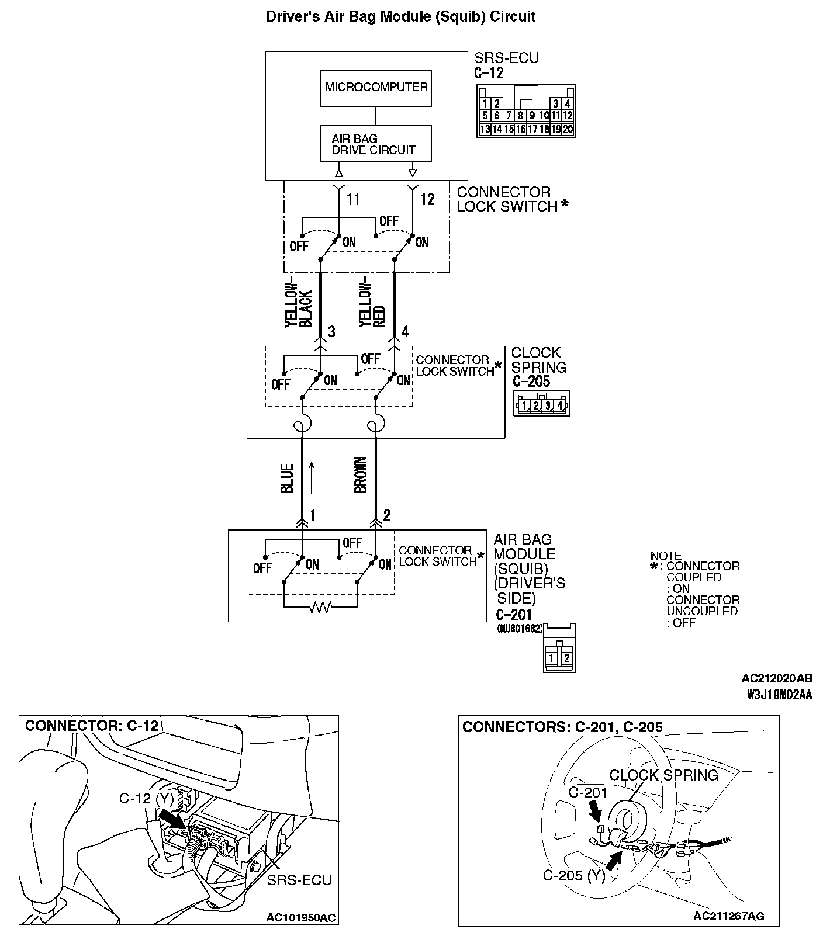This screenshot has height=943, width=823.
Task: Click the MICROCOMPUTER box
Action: pyautogui.click(x=376, y=88)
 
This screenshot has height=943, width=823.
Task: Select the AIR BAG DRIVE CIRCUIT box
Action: pyautogui.click(x=376, y=144)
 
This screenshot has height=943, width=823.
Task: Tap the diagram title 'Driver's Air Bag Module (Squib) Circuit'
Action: pyautogui.click(x=400, y=16)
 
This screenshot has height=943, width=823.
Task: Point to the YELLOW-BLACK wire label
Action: pyautogui.click(x=298, y=308)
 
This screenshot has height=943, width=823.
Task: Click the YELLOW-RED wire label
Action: pyautogui.click(x=372, y=306)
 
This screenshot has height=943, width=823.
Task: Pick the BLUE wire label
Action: pyautogui.click(x=287, y=478)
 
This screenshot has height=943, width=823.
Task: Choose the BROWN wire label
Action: pyautogui.click(x=361, y=474)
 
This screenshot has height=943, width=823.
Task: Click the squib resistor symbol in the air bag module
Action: pyautogui.click(x=320, y=608)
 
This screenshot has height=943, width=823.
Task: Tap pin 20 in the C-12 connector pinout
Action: pyautogui.click(x=568, y=130)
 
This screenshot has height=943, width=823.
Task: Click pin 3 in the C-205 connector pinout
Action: pyautogui.click(x=548, y=405)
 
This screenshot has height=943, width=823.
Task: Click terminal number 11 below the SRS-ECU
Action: pyautogui.click(x=353, y=200)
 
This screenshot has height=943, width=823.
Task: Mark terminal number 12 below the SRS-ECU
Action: pyautogui.click(x=427, y=200)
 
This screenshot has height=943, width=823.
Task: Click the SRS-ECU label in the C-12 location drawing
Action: pyautogui.click(x=299, y=880)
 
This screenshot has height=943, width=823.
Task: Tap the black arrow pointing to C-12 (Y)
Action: pyautogui.click(x=172, y=817)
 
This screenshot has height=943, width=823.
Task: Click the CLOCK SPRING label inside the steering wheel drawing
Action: pyautogui.click(x=663, y=775)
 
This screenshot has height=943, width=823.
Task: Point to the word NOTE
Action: pyautogui.click(x=666, y=556)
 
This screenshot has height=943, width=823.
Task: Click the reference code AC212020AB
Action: pyautogui.click(x=776, y=678)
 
